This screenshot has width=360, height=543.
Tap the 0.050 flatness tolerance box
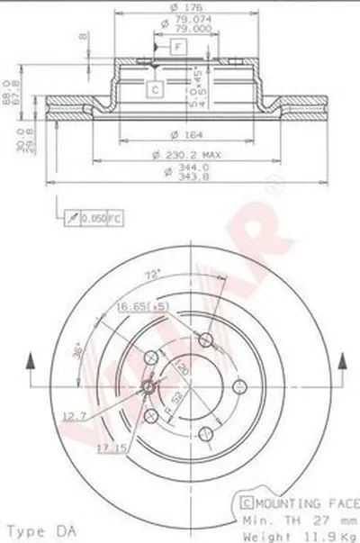(x=94, y=219)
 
